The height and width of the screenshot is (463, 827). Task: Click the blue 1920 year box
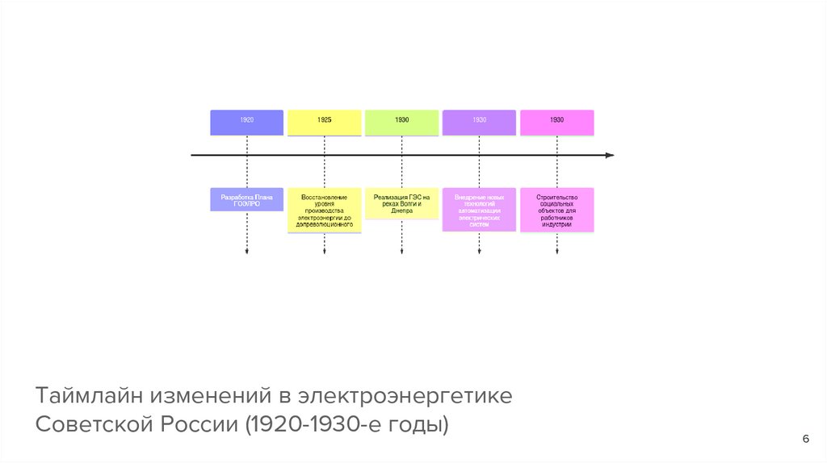click(x=246, y=122)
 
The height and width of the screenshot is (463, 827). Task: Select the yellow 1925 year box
click(x=324, y=122)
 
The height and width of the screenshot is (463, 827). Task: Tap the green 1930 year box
click(x=401, y=122)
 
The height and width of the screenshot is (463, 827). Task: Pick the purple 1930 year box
click(x=479, y=122)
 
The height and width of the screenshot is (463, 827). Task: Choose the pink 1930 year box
click(x=556, y=122)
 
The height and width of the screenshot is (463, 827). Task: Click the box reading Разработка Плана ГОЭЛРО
click(x=246, y=199)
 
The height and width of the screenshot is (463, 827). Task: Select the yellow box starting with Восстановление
click(x=324, y=210)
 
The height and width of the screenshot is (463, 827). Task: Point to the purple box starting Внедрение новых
click(x=479, y=209)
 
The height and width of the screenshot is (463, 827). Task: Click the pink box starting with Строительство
click(x=556, y=209)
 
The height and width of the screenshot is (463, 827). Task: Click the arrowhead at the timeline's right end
click(x=610, y=154)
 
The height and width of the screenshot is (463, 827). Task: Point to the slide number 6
click(x=805, y=438)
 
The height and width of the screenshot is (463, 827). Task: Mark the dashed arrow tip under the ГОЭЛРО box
click(x=246, y=252)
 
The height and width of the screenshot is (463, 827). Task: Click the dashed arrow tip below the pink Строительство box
click(x=556, y=252)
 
